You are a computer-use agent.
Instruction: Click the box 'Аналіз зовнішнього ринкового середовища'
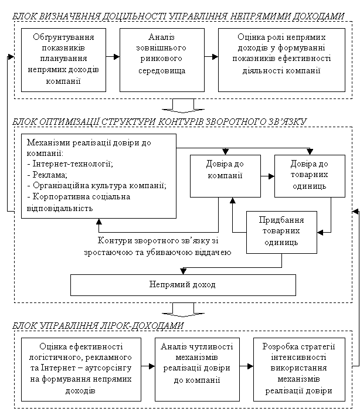(x=162, y=60)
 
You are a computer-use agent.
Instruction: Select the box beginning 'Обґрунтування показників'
(x=63, y=60)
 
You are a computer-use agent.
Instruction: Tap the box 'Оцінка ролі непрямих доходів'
(x=281, y=60)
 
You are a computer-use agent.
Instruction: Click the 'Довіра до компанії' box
(x=225, y=176)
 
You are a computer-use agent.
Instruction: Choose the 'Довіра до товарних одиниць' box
(x=310, y=176)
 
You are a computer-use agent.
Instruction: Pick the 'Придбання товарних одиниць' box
(x=281, y=232)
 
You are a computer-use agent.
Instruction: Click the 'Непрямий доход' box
(x=183, y=285)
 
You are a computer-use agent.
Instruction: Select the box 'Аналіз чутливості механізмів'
(x=197, y=369)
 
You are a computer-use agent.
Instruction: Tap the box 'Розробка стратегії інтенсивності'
(x=300, y=369)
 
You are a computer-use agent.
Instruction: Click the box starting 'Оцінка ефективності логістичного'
(x=81, y=369)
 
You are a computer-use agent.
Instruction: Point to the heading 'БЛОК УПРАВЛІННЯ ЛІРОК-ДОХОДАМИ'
(x=98, y=325)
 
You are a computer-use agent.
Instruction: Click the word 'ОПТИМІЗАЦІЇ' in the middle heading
(x=70, y=121)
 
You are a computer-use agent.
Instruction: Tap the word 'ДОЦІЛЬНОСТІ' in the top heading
(x=134, y=16)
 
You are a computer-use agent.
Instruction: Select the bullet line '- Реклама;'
(x=47, y=175)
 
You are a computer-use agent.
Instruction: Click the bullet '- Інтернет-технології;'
(x=70, y=164)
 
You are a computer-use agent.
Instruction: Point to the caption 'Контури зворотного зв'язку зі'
(x=158, y=240)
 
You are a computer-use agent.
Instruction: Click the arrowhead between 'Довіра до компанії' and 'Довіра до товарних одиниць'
(x=271, y=176)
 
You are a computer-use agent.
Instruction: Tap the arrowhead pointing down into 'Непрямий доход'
(x=183, y=271)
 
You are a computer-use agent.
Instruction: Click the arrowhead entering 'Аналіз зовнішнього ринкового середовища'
(x=117, y=57)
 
